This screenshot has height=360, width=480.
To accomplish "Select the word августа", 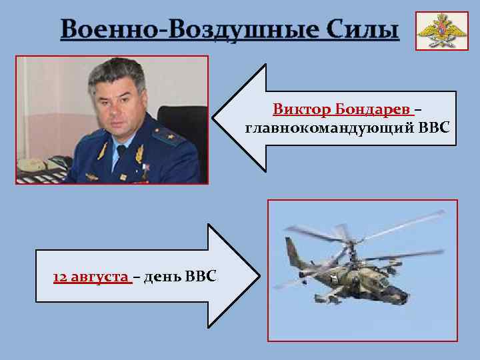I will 99,276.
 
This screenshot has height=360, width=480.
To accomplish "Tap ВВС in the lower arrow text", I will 200,276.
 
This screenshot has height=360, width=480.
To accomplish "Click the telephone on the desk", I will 33,164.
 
